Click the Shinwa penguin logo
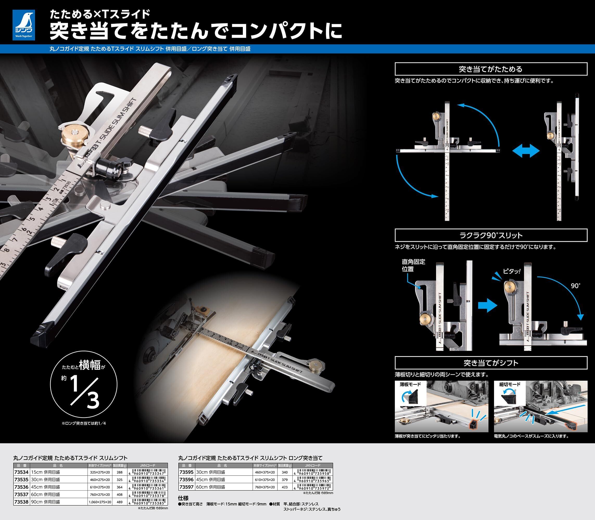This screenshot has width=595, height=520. tap(23, 25)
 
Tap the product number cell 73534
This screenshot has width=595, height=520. tap(21, 472)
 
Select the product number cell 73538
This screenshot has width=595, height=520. tap(21, 502)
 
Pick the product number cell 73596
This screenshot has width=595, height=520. tap(186, 480)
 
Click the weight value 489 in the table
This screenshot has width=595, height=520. tap(119, 502)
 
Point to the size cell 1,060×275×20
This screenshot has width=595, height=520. tap(100, 502)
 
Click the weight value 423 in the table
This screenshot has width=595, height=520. tap(284, 487)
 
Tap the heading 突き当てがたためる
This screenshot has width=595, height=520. tap(491, 69)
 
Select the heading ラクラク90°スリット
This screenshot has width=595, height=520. tap(491, 235)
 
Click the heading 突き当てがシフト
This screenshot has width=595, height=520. tap(491, 363)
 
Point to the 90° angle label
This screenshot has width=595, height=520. tap(575, 286)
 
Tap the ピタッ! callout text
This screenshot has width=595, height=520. tap(512, 272)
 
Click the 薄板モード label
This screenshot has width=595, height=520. tap(410, 385)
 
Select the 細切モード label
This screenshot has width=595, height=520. tap(510, 385)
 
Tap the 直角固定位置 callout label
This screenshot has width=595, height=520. tap(413, 265)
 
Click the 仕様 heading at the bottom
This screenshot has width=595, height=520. tap(183, 498)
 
